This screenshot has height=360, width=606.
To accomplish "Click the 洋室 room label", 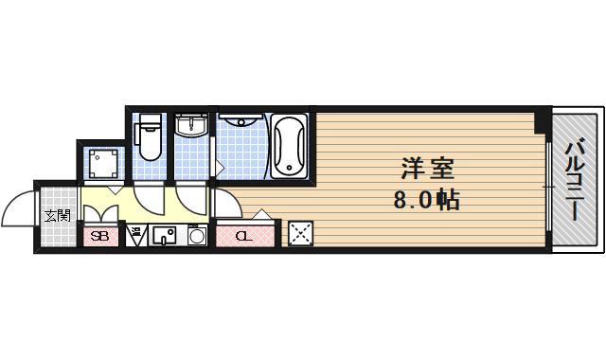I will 427,171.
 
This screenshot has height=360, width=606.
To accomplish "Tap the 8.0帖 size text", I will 427,201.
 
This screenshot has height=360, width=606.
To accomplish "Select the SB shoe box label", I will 99,235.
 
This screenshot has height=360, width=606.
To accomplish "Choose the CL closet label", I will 243,236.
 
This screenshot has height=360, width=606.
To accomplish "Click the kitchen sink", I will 163,236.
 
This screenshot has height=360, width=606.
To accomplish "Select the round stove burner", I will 198,236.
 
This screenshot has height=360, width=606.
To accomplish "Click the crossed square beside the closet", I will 301,233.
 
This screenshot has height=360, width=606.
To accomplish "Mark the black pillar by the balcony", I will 541,122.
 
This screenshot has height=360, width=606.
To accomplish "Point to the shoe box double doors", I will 101,210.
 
